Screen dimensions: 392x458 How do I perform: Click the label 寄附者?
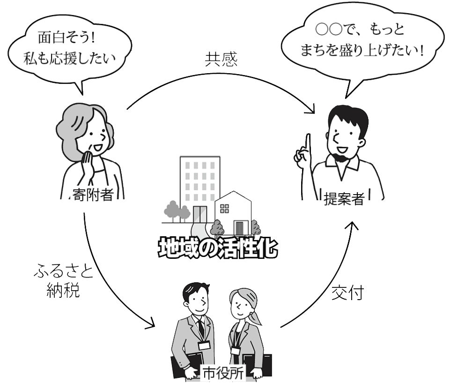93,194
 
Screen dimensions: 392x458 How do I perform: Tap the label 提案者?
344,198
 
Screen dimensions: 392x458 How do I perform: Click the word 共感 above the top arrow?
222,59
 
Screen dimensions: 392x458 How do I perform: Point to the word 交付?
347,293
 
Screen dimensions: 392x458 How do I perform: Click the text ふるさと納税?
63,281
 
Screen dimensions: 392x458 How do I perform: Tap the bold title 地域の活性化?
218,249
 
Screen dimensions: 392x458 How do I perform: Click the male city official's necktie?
201,328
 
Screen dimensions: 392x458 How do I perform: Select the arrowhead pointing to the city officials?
151,324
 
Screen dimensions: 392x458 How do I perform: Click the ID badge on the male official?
204,346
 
